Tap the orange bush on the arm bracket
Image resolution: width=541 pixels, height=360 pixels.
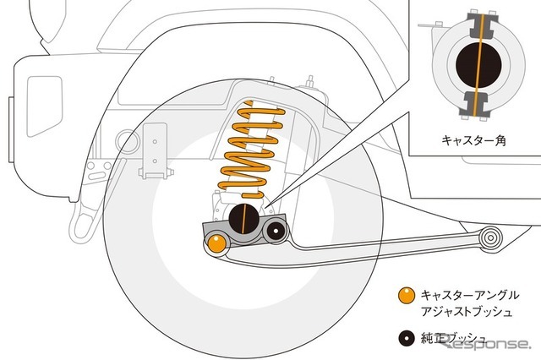click(x=217, y=244)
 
